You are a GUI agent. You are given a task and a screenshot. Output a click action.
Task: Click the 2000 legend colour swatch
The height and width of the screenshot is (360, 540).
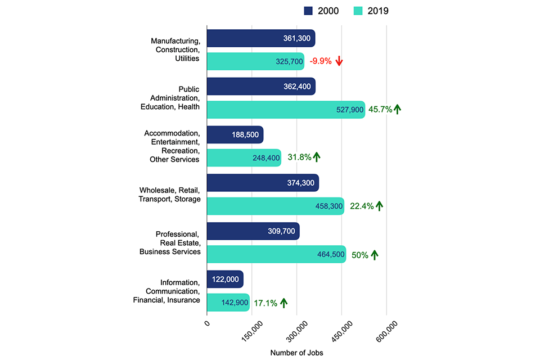308,11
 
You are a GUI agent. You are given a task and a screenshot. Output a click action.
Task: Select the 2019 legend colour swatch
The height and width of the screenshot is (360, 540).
358,11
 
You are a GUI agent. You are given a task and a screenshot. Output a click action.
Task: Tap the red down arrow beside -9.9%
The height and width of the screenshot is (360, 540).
339,61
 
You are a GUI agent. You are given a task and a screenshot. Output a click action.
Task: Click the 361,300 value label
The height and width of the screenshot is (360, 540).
297,38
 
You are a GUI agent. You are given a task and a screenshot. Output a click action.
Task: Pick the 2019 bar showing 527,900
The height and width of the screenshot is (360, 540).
286,110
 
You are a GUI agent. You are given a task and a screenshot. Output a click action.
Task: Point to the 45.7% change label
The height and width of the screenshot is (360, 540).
380,110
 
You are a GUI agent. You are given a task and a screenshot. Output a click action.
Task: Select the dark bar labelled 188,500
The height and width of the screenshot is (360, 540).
235,135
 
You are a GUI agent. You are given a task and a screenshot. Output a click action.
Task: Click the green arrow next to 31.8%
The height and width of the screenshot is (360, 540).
317,157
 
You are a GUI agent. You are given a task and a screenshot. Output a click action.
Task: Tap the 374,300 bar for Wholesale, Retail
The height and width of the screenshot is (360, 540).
263,183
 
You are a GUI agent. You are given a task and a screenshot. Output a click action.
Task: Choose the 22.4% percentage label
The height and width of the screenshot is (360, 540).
362,206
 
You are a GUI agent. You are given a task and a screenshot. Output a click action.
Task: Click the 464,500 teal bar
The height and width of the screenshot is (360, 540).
276,254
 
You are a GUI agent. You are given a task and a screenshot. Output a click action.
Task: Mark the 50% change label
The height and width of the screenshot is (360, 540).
360,255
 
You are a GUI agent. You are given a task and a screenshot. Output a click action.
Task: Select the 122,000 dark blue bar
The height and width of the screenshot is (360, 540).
225,278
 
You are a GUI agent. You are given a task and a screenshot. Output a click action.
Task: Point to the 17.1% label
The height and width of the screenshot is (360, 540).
265,303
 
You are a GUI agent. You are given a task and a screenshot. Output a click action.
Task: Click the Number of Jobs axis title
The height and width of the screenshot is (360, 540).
296,353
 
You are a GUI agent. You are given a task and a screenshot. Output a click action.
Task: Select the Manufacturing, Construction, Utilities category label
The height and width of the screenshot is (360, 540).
175,49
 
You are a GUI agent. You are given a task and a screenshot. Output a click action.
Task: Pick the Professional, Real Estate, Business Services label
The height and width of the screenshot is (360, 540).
170,242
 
